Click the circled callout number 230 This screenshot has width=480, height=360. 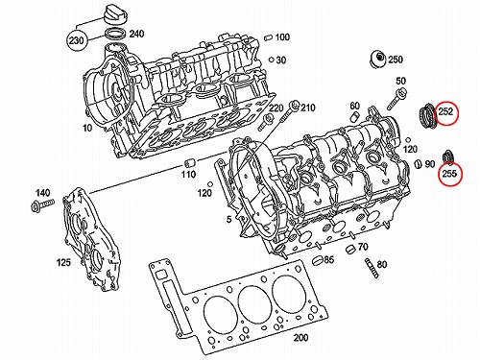pos(76,40)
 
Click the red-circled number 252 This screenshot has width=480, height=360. pos(445,111)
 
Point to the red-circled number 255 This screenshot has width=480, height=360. pos(449,174)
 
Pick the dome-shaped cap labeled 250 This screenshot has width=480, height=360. pos(377,60)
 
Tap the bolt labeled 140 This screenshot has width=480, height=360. pos(42,204)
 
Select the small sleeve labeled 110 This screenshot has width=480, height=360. pos(189,163)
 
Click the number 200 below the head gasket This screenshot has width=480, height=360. pos(300,337)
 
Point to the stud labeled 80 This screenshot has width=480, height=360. pos(372,268)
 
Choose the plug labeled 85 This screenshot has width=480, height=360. pos(318,260)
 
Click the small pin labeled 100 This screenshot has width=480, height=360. pos(269,37)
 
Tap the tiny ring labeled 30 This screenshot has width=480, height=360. pos(271,60)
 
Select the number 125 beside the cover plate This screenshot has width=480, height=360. pos(63,262)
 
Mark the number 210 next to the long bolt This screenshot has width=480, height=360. pos(307,108)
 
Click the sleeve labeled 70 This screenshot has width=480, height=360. pos(351,250)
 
